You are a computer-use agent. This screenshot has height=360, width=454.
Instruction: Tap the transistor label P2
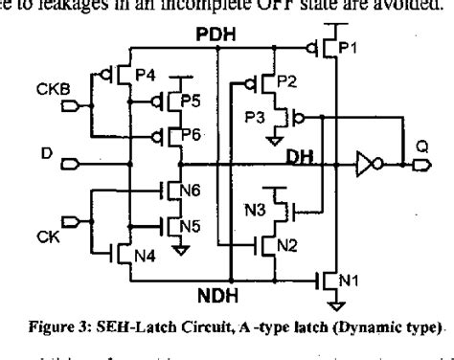point(286,83)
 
